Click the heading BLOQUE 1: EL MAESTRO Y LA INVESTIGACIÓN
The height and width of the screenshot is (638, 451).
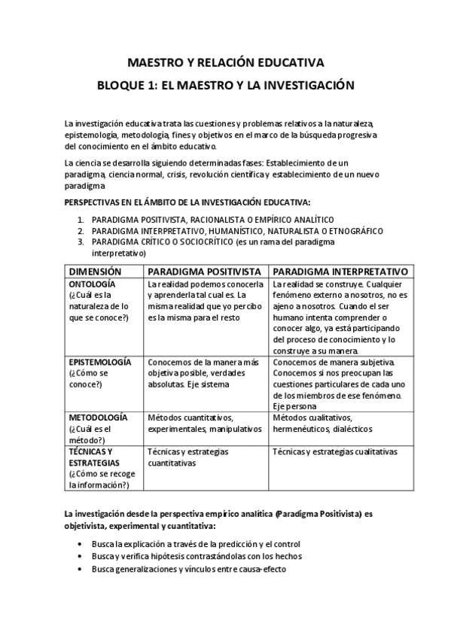(x=225, y=86)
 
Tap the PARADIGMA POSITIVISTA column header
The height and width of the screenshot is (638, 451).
(x=205, y=271)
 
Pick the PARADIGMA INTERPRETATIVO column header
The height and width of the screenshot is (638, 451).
(x=340, y=271)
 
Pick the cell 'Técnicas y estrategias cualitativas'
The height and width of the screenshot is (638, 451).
(x=334, y=451)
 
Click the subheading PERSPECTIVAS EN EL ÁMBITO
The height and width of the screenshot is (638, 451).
(x=187, y=202)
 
